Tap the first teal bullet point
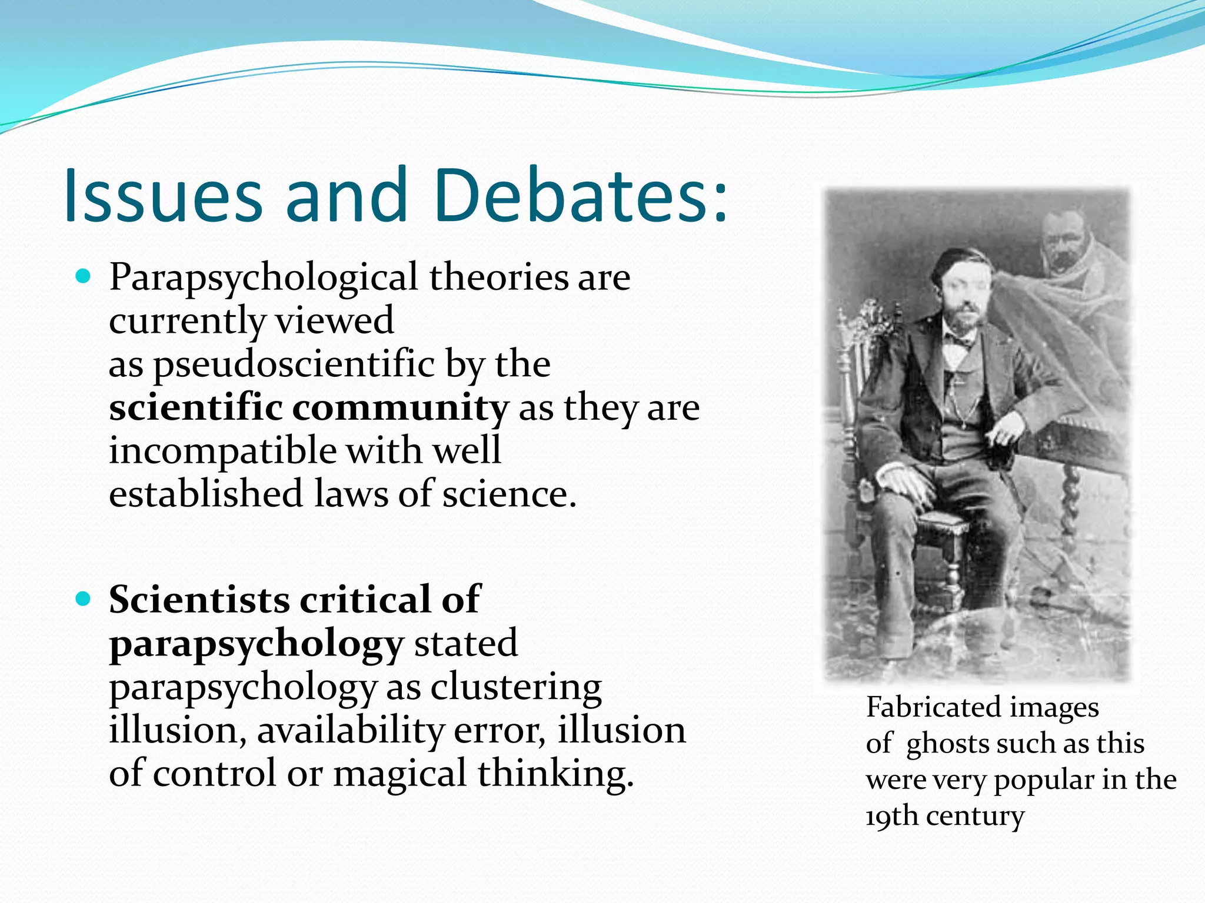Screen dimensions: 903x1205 [x=84, y=276]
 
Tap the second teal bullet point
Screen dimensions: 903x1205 [x=84, y=599]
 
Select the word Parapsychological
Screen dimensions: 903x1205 [x=263, y=278]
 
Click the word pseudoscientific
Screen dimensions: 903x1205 [x=294, y=364]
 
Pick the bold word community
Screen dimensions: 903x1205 [x=400, y=407]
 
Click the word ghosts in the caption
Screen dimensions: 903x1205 [x=947, y=744]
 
